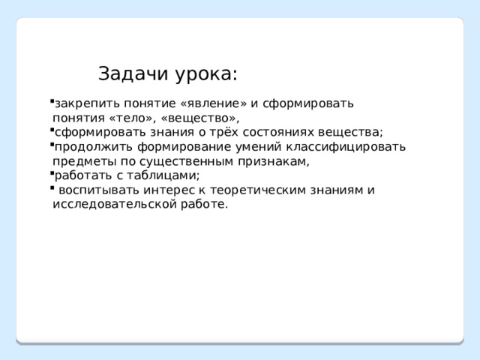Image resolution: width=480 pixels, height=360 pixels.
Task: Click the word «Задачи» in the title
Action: tap(133, 73)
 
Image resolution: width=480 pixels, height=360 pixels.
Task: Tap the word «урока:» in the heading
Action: tap(207, 75)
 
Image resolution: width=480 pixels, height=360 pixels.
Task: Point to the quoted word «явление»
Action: tap(214, 103)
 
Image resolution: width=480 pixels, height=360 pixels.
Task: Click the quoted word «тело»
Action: tap(130, 118)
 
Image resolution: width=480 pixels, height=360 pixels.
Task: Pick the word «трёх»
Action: tap(223, 132)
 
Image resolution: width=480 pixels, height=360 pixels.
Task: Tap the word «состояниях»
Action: tap(278, 133)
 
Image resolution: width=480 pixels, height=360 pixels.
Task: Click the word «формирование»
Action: tap(184, 147)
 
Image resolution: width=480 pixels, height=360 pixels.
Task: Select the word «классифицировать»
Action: tap(346, 147)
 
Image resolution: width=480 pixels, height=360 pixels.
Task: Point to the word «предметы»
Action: tap(85, 161)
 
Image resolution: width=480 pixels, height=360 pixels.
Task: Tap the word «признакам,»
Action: tap(273, 161)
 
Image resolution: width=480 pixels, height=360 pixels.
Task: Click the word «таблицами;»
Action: tap(163, 175)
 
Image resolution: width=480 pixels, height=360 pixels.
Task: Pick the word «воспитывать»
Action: tap(99, 190)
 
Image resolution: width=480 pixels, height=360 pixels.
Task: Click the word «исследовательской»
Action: tap(115, 204)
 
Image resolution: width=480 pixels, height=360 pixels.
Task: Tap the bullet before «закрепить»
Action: tap(52, 100)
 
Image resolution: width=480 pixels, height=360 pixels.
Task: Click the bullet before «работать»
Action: tap(52, 173)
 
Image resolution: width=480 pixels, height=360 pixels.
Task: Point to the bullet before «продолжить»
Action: tap(52, 144)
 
